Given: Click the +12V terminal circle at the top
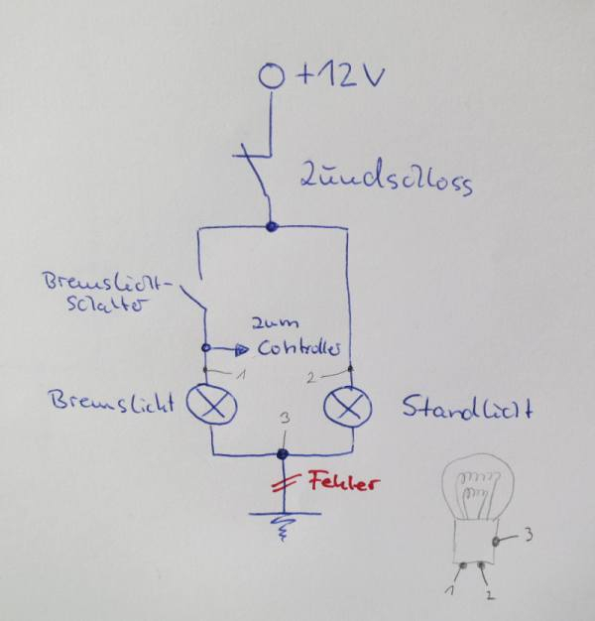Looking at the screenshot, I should [271, 75].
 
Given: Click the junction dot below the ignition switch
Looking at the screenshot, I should [272, 227].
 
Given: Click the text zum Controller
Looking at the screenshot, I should [297, 338].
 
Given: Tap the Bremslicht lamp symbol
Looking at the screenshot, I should [213, 405].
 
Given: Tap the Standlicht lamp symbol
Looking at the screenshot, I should [348, 406].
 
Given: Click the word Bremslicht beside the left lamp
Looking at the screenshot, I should [109, 404].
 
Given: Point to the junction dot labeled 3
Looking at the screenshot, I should [282, 453].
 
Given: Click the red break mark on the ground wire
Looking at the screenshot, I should [284, 485].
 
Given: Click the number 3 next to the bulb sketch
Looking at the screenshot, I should [529, 537].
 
